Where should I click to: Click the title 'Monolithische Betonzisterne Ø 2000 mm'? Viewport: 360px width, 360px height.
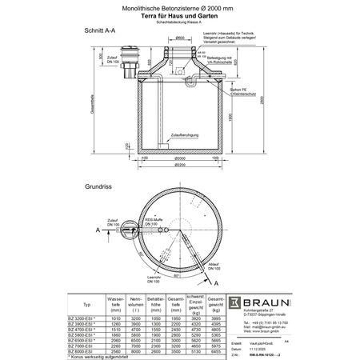click(179, 6)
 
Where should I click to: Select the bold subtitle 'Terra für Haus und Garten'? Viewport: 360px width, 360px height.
click(179, 14)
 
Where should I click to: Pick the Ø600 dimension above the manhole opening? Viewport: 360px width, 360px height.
click(182, 37)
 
